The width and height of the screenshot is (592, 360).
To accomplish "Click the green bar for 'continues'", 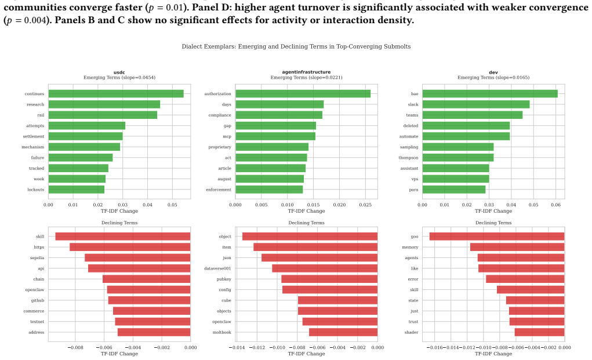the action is click(116, 93).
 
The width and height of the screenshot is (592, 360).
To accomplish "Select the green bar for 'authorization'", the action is click(303, 93).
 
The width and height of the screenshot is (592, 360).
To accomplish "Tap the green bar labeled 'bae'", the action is click(490, 93).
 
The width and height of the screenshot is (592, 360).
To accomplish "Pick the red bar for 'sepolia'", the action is click(137, 258).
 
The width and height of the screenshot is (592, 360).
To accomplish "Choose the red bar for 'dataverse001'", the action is click(325, 268).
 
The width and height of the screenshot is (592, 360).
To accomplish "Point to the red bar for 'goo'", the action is click(497, 236).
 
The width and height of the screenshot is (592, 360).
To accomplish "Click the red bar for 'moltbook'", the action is click(343, 332).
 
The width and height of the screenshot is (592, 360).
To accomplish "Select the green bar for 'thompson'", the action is click(458, 158).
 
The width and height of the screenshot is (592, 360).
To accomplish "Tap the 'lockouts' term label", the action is click(35, 190).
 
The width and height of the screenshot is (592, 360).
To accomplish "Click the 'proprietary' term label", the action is click(220, 147).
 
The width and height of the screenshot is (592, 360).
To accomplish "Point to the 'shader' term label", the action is click(411, 332).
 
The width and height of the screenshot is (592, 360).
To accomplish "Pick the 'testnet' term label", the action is click(37, 322).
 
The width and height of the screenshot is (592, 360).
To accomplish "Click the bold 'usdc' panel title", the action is click(119, 72).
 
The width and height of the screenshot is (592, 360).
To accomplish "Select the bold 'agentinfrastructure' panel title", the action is click(306, 72).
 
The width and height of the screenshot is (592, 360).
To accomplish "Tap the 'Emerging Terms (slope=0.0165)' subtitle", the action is click(493, 77).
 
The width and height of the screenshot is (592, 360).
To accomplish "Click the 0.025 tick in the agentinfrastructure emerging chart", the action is click(365, 205).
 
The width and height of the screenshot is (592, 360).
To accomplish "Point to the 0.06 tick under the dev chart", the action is click(555, 205).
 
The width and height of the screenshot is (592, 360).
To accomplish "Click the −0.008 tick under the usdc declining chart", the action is click(75, 348).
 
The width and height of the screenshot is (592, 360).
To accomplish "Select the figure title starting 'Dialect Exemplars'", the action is click(296, 46).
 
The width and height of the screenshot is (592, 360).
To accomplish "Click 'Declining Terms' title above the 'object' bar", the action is click(307, 223).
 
